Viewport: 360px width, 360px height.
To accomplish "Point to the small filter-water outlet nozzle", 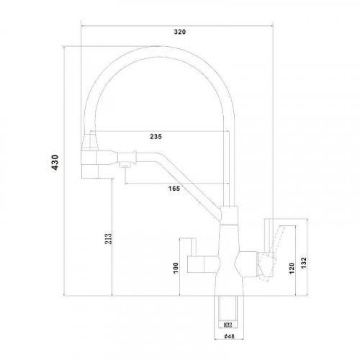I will pos(124,168).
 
